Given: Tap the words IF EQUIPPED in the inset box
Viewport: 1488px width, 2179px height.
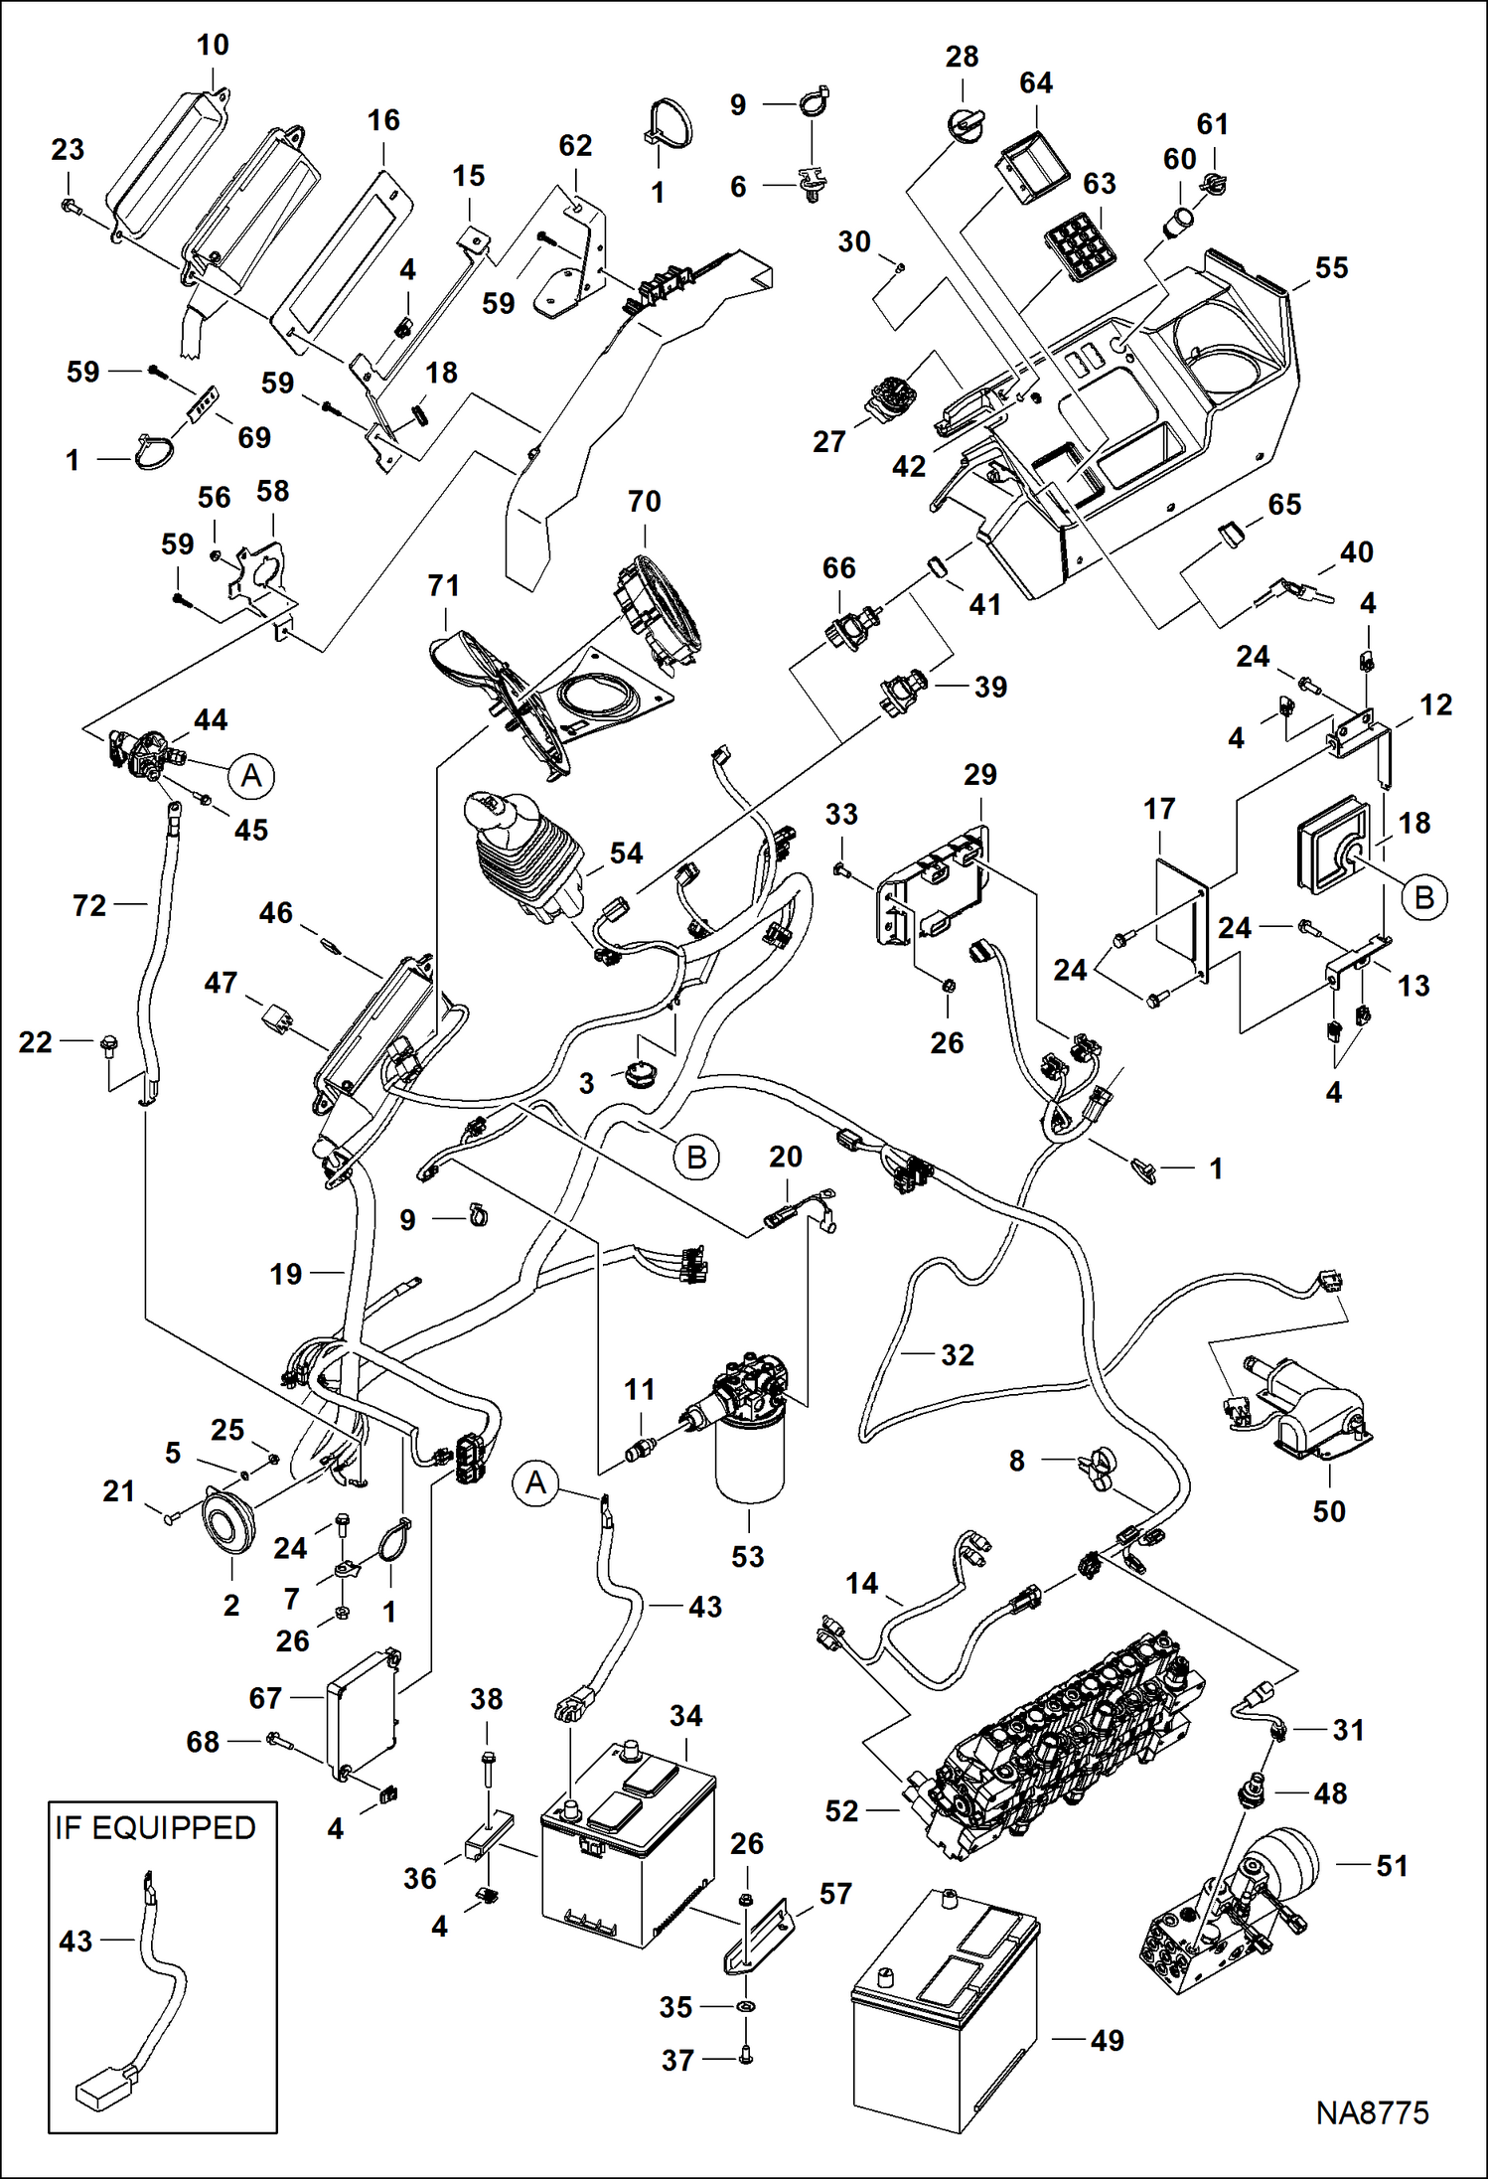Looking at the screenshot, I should [x=156, y=1828].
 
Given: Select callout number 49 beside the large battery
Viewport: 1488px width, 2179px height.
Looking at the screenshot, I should [x=1107, y=2041].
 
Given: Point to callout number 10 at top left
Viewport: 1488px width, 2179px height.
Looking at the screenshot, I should [x=213, y=45].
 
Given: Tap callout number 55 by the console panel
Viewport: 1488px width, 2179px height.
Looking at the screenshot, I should [x=1331, y=267].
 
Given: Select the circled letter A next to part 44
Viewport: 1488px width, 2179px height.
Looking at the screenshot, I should [x=252, y=775].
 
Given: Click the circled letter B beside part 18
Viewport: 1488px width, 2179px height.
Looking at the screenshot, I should [x=1423, y=897].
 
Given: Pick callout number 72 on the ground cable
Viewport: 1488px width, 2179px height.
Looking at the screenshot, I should [x=89, y=905].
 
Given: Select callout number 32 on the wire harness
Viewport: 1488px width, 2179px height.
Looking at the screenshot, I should [x=957, y=1354].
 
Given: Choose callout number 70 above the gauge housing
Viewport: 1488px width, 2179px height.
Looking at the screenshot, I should [x=644, y=501].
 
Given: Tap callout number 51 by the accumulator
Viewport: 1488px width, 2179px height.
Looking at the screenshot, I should [x=1391, y=1865].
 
